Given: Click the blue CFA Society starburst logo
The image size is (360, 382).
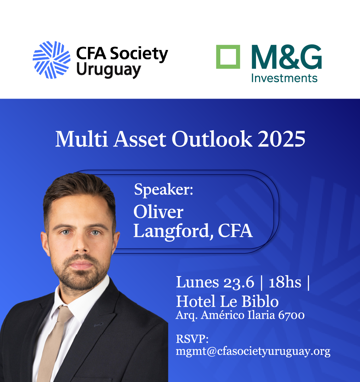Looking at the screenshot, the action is [51, 60].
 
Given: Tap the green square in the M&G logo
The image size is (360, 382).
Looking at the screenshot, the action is [228, 57].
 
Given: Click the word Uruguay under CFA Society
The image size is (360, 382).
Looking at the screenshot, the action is [109, 70].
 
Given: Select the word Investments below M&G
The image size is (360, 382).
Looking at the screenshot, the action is [284, 78].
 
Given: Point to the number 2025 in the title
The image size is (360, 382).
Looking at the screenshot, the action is [281, 139].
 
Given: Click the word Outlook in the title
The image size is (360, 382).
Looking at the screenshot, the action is [212, 139].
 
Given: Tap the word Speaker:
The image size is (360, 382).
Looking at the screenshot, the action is [163, 190].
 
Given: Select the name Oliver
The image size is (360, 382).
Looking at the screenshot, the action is [158, 211].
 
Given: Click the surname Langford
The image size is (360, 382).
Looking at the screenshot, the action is [172, 231].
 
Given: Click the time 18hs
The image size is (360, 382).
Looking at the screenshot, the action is [285, 282].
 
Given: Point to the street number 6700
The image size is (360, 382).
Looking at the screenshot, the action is [291, 315].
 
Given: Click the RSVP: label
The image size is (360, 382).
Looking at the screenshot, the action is [192, 339].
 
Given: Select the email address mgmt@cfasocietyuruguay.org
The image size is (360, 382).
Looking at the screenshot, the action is [253, 352].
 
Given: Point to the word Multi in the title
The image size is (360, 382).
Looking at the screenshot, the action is [81, 139].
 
